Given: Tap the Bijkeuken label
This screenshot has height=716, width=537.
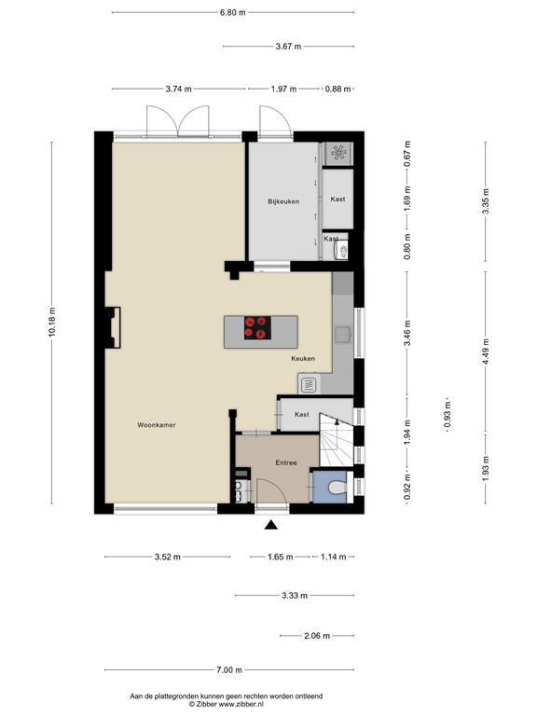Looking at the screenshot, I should click(282, 201).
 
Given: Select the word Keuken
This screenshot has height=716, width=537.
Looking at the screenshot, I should click(303, 358).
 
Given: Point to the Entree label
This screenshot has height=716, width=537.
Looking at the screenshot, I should click(285, 461).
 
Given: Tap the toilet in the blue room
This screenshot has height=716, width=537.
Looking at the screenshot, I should click(337, 486).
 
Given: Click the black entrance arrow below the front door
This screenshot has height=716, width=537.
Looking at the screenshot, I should click(271, 527).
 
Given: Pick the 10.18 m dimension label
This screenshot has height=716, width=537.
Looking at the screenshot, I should click(53, 324).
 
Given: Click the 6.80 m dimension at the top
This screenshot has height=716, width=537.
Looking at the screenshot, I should click(233, 13).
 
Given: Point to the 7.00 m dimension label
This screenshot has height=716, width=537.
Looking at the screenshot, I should click(229, 669).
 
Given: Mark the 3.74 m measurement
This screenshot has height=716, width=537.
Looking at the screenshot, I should click(178, 89).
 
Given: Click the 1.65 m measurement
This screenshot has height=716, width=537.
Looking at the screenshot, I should click(281, 558).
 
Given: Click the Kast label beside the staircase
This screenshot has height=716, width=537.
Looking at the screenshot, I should click(301, 413).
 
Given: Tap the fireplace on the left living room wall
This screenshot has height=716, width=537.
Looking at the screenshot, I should click(114, 328).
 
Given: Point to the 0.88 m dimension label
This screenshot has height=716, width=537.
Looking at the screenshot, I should click(337, 89).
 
